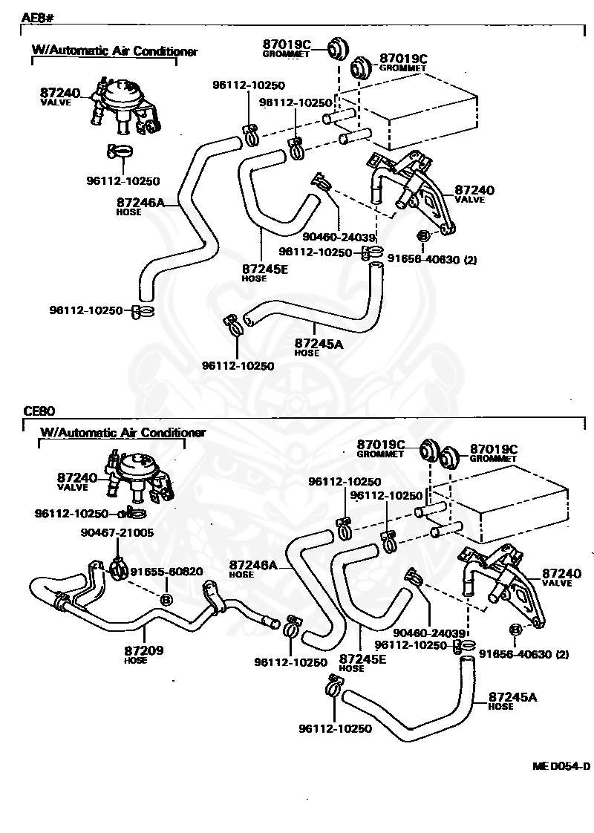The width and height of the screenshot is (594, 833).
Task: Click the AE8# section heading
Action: coord(39,18)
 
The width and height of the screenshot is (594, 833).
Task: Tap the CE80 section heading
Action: coord(39,411)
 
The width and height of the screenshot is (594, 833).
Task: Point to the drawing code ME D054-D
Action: coord(561,766)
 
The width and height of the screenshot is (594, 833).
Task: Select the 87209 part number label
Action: coord(144,650)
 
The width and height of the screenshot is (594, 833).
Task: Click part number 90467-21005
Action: coord(117,532)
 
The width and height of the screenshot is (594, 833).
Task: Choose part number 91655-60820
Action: coord(167,572)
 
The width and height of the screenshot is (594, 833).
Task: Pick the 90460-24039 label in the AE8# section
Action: coord(339,238)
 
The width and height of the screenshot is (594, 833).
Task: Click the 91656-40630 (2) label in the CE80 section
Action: coord(524,654)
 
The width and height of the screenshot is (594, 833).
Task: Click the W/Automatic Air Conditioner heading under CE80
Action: coord(123,432)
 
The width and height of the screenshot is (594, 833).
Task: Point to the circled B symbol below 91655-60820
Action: coord(166,600)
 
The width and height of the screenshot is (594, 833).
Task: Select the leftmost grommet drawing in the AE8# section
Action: coord(336,50)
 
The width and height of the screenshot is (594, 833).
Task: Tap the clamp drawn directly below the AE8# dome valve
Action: coord(120,152)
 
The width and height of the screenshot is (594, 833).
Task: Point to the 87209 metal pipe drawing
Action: coord(154,603)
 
